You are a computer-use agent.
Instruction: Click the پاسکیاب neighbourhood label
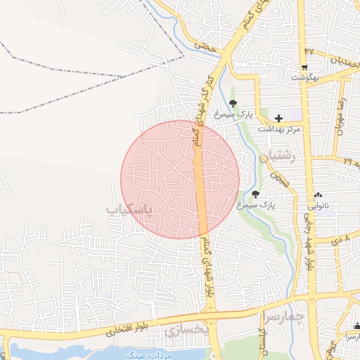pos(133,210)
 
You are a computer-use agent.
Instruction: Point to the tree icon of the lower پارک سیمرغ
pos(255,194)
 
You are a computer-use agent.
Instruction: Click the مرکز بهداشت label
pos(279,129)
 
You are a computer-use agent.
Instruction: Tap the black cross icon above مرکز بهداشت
pos(278,118)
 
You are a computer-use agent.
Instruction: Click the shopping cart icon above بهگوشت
pos(304,67)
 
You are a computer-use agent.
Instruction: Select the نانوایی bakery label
pos(319,206)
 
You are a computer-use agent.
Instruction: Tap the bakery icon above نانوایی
pos(319,195)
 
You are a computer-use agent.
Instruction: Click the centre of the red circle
pos(180,179)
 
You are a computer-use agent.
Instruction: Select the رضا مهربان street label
pos(341,116)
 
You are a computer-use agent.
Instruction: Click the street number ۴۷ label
pos(309,51)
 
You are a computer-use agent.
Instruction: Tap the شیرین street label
pos(282,178)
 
